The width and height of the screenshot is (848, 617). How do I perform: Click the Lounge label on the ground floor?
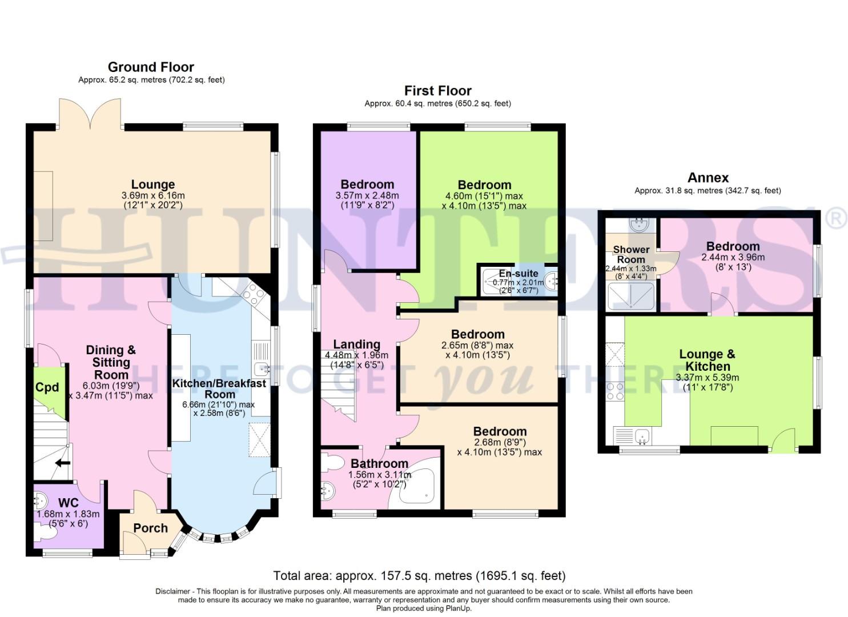[x=152, y=185]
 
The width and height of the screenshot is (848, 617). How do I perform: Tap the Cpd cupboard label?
[x=47, y=387]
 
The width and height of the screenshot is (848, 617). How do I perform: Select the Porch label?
[x=150, y=528]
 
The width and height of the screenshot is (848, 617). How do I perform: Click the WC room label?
[x=68, y=503]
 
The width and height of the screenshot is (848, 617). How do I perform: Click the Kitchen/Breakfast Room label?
[x=219, y=388]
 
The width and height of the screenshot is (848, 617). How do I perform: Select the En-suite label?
[x=518, y=273]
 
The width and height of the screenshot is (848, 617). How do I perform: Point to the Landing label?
[x=356, y=344]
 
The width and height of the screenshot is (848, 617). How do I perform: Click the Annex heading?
[x=708, y=178]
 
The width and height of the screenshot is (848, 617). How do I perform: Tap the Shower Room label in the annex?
[x=630, y=254]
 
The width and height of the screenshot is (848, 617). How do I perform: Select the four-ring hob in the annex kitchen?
[x=615, y=391]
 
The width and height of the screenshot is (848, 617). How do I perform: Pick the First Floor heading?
[x=437, y=91]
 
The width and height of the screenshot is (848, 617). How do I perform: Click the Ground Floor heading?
[x=151, y=67]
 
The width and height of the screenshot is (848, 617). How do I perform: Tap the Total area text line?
[x=419, y=575]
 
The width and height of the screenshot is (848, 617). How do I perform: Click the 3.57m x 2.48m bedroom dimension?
[x=367, y=195]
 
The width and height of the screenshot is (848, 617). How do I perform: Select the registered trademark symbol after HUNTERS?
[x=837, y=219]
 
